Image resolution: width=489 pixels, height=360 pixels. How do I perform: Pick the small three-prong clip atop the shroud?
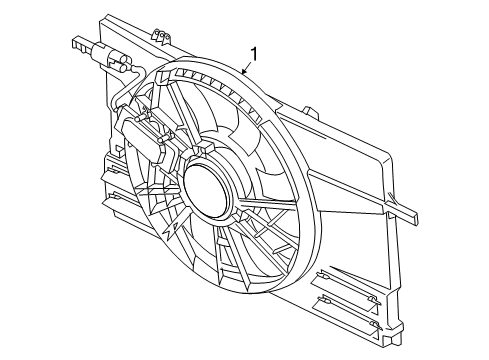(156, 36)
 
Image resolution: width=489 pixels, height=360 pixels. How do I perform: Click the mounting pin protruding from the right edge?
(410, 214)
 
